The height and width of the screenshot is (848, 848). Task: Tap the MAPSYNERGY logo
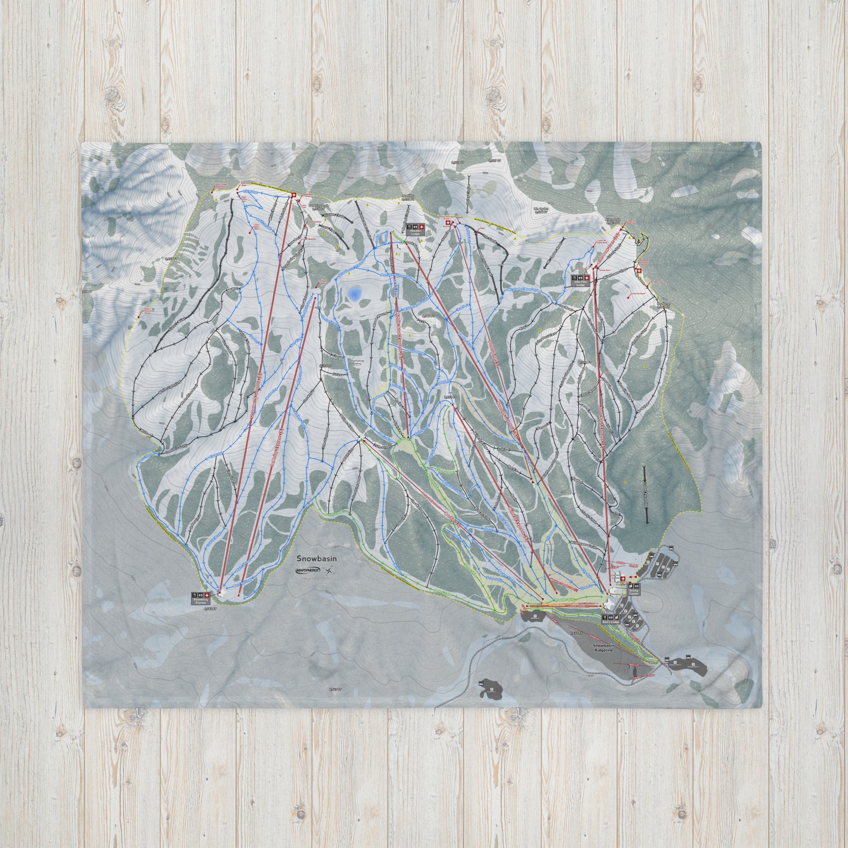pyautogui.click(x=309, y=571)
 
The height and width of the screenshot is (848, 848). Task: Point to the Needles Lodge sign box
pyautogui.click(x=416, y=229)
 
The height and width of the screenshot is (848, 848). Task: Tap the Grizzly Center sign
pyautogui.click(x=634, y=587)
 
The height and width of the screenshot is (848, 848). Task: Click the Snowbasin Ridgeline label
pyautogui.click(x=603, y=649)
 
